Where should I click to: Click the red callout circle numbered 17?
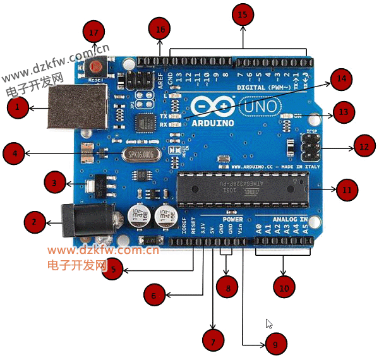tap(94, 32)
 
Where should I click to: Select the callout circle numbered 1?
tap(18, 109)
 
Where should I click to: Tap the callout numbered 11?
tap(347, 188)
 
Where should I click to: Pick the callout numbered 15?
tap(243, 14)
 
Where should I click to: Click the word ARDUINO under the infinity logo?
tap(212, 123)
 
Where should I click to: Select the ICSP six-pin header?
tap(311, 147)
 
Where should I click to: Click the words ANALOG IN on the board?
tap(290, 219)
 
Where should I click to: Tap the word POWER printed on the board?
tap(232, 219)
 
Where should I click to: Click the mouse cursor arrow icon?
tap(268, 323)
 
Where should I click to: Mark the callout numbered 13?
tap(343, 113)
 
